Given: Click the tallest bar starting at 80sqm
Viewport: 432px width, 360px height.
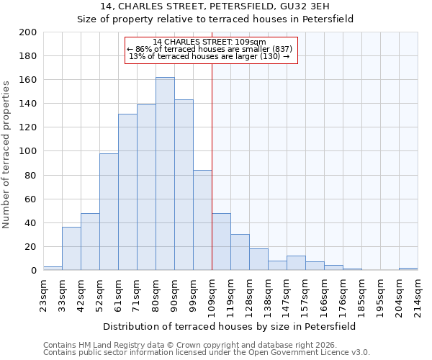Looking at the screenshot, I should click(165, 174).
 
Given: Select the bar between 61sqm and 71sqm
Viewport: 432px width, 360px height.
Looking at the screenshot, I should click(127, 192).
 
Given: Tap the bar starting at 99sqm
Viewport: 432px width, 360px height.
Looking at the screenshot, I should click(202, 220).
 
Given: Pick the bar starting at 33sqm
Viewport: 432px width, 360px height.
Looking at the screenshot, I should click(71, 248).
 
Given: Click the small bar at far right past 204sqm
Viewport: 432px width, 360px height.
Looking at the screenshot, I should click(408, 269).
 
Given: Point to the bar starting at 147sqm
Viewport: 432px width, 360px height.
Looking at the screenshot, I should click(296, 263).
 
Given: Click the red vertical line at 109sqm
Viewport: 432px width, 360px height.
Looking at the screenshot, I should click(212, 166).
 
